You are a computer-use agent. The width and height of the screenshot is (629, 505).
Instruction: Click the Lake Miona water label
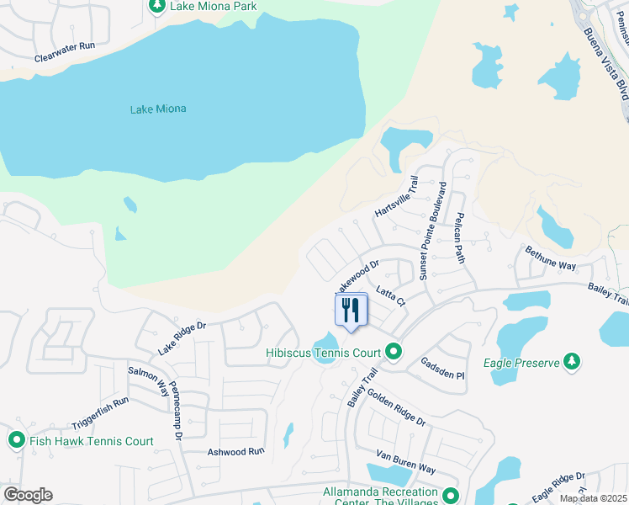(x=158, y=109)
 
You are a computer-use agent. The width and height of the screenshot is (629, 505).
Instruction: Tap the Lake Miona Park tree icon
(x=156, y=6)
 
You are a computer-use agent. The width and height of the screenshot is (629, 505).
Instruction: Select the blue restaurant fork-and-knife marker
(x=351, y=310)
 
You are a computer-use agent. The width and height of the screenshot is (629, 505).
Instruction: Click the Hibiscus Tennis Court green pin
(x=394, y=353)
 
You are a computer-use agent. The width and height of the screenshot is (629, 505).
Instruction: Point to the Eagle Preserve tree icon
(x=572, y=362)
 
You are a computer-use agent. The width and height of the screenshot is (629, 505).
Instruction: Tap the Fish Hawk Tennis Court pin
(x=16, y=440)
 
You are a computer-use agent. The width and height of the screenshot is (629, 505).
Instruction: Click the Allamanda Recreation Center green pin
(x=452, y=497)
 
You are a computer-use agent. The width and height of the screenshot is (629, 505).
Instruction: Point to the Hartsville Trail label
(x=396, y=196)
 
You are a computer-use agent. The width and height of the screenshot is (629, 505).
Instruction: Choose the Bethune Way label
(x=551, y=258)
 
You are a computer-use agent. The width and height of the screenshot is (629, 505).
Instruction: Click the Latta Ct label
(x=391, y=295)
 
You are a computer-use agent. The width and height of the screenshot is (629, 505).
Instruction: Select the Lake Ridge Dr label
(x=182, y=337)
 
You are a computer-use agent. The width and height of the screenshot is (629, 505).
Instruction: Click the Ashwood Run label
(x=236, y=451)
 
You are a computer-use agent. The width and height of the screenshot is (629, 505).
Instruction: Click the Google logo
(x=28, y=495)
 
